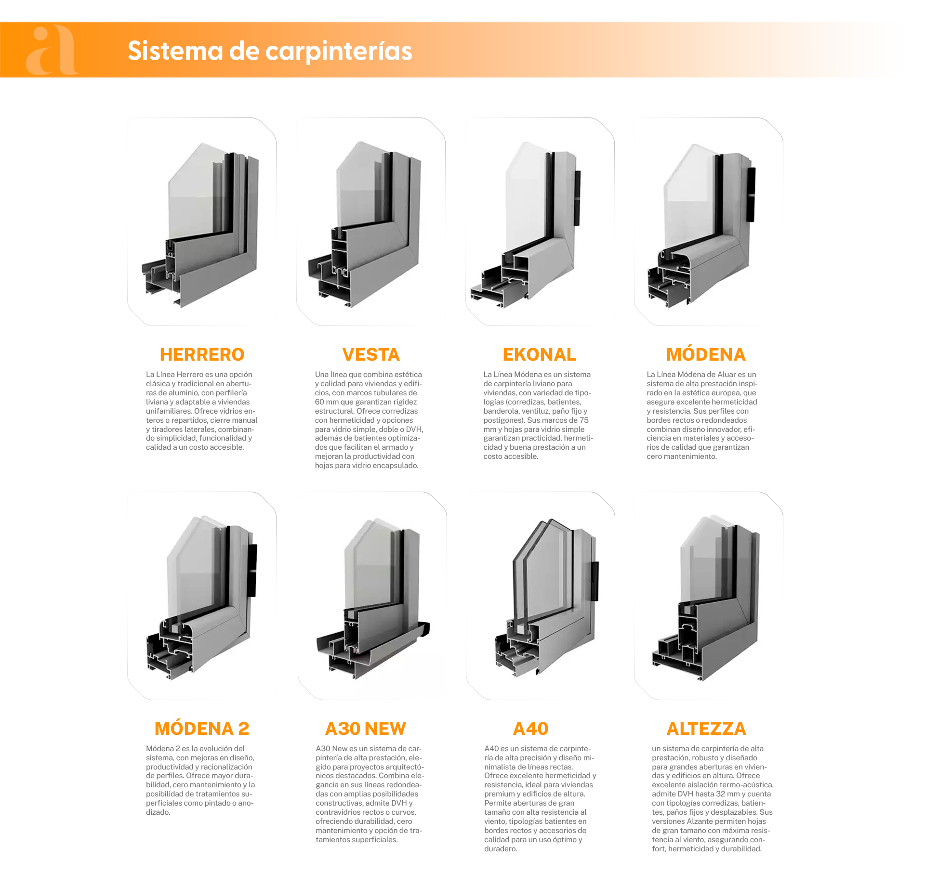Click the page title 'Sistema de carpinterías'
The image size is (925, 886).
(x=270, y=51)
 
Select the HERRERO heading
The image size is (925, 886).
(x=202, y=354)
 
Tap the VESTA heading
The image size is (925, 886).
(x=371, y=354)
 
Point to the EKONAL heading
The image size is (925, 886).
(x=539, y=354)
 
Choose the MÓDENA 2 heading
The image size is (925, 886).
(x=202, y=729)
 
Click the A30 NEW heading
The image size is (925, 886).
(x=366, y=729)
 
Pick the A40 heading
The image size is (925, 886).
(x=531, y=729)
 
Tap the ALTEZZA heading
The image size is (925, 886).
(x=706, y=729)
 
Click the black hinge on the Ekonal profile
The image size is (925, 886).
(x=577, y=198)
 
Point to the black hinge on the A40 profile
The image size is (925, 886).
(x=595, y=581)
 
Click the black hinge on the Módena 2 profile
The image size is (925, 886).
(x=252, y=571)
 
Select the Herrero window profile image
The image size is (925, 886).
(x=201, y=224)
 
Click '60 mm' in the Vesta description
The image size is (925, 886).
(x=327, y=402)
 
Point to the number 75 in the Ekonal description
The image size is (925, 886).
(x=584, y=420)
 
